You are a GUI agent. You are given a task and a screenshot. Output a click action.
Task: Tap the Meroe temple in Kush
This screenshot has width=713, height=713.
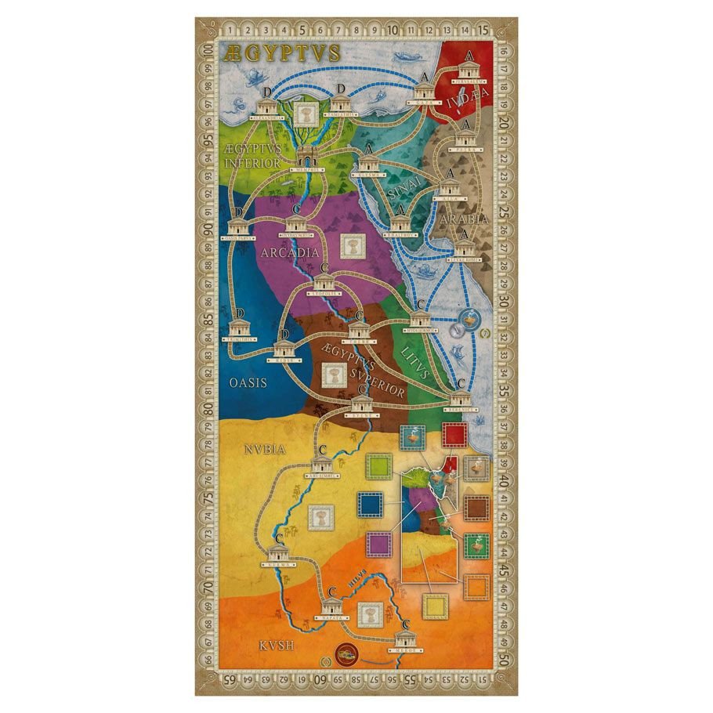404,638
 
